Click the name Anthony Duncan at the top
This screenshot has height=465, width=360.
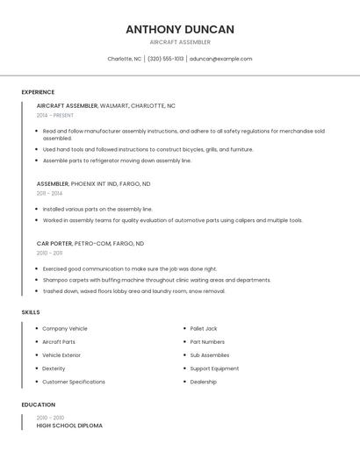(x=180, y=29)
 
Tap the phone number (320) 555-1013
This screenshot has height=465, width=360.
(x=166, y=59)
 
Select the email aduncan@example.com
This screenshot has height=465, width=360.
(x=220, y=59)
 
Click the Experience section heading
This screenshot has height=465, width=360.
(x=38, y=92)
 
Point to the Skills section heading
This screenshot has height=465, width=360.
(x=31, y=312)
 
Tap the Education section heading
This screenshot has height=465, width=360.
(x=39, y=405)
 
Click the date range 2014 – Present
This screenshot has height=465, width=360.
(x=55, y=115)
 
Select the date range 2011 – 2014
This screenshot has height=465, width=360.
(x=49, y=193)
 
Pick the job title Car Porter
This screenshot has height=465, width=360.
(x=54, y=243)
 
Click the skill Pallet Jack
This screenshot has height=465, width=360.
(x=204, y=328)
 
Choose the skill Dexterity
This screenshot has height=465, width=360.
(x=54, y=368)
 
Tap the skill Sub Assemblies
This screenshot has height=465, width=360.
(x=209, y=355)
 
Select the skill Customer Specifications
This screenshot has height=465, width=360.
(x=74, y=382)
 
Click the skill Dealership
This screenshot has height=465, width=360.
(x=204, y=382)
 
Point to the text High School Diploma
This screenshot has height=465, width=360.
(x=69, y=426)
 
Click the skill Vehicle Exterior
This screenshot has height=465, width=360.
(x=61, y=355)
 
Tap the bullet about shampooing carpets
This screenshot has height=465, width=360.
(x=156, y=280)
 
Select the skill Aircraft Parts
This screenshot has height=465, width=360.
(x=59, y=342)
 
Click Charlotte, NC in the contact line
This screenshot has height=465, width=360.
(x=124, y=59)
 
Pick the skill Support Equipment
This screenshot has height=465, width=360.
(x=214, y=368)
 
